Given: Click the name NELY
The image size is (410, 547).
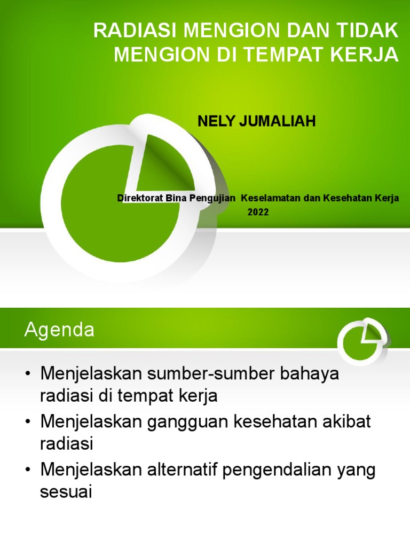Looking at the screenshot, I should tap(216, 121).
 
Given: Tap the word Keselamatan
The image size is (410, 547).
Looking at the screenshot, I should tap(271, 198).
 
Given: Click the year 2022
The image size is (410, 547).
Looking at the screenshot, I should tap(258, 212).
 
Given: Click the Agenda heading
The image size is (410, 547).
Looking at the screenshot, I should tap(59, 330).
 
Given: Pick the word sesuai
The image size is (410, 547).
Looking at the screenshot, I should tap(66, 492).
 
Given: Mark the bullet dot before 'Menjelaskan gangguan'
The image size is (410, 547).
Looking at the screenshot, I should tap(28, 421).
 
